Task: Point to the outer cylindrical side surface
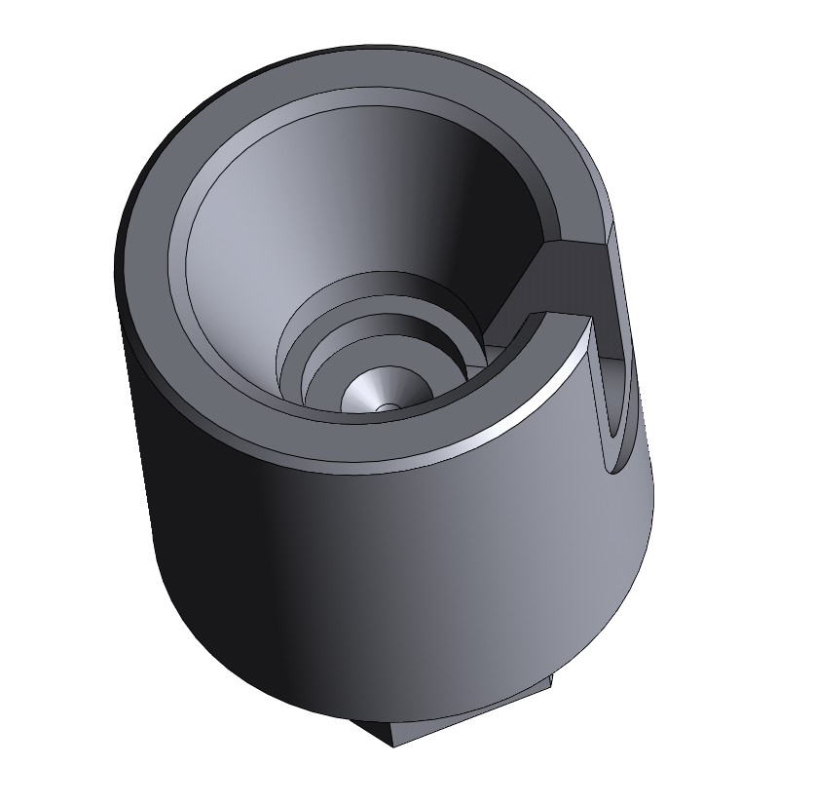click(x=389, y=565)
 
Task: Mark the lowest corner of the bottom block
click(x=393, y=747)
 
